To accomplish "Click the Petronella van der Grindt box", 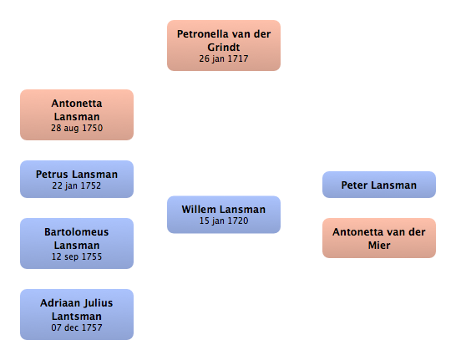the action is [224, 45].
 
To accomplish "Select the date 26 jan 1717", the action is [224, 58].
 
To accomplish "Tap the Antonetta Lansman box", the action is [77, 115].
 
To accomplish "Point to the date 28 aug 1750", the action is [77, 129].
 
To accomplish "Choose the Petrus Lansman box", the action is [77, 179].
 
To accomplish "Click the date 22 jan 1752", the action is [77, 185].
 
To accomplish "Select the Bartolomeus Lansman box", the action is [77, 243].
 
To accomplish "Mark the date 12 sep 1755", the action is [77, 256].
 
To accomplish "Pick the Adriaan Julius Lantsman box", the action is [77, 314].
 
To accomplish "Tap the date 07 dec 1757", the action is [77, 327].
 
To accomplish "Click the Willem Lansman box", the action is [224, 215].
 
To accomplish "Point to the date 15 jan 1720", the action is [224, 221].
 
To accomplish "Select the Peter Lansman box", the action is [379, 185].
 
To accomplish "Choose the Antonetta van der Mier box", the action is [379, 238].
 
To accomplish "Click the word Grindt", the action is [224, 47].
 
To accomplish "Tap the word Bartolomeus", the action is [77, 232].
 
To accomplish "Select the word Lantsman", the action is [77, 316].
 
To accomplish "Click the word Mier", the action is [379, 245].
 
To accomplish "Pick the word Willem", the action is [199, 210].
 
